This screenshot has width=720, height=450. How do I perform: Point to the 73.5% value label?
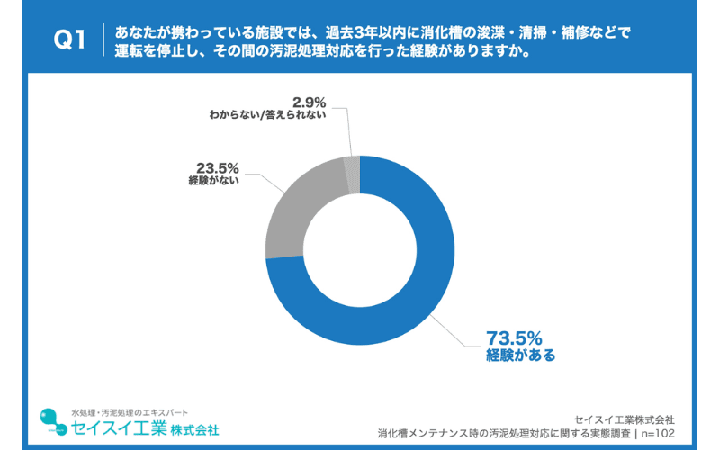514,338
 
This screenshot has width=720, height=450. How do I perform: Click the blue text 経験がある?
520,355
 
